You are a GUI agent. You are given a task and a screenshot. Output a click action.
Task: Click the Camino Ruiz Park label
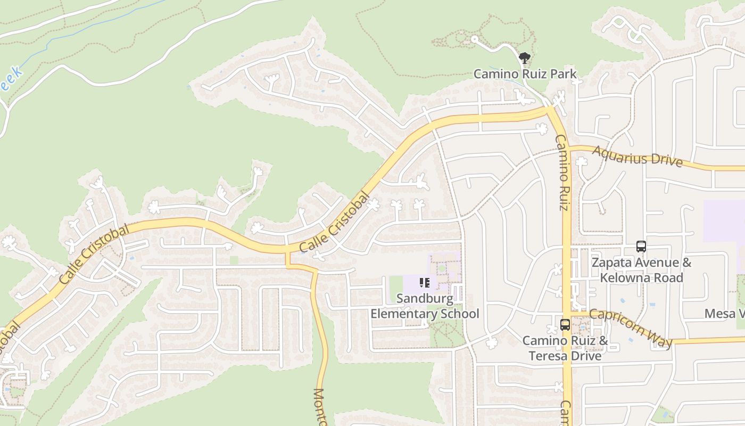coord(525,73)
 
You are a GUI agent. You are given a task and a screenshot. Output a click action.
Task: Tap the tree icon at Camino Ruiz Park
coord(525,58)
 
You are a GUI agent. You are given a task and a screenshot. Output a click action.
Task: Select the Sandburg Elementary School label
coord(425,306)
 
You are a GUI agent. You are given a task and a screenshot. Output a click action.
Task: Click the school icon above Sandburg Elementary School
coord(425,283)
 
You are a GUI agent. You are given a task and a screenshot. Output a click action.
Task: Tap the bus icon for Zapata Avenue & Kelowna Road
coord(641,247)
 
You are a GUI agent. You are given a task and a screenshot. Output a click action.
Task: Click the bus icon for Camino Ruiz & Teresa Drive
coord(565,324)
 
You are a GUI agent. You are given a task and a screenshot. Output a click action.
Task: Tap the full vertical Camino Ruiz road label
coord(562,172)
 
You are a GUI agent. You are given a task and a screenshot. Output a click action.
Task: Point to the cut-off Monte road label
coord(319,407)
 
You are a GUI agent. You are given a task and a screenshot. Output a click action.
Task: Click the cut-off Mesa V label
coord(724,314)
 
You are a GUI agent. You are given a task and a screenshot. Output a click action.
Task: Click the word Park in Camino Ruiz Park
coord(564,73)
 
